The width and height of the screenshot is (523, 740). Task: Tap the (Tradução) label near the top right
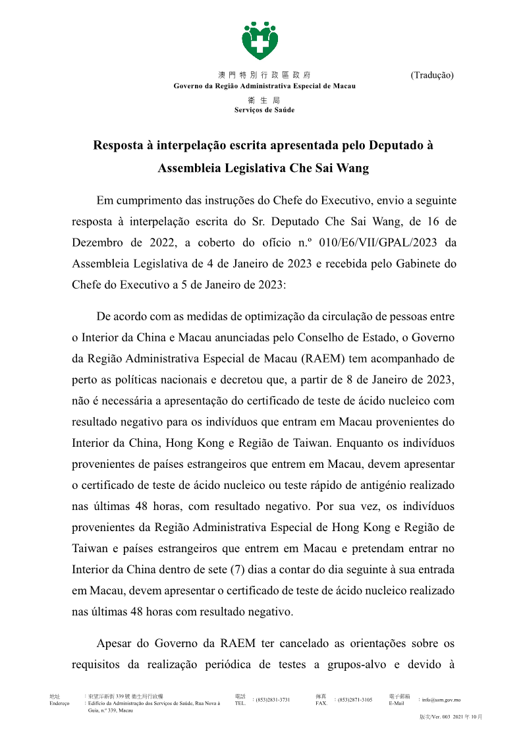coord(432,75)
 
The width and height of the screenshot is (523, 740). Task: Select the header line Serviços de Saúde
coord(264,110)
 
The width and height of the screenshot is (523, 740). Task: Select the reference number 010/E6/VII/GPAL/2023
coord(375,242)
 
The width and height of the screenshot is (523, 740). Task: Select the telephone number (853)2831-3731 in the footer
coord(273,700)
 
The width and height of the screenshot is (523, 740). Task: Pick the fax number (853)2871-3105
coord(354,700)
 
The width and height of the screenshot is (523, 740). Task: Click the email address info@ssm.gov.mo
coord(441,700)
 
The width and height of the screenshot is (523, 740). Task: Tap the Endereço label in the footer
coord(60,704)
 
